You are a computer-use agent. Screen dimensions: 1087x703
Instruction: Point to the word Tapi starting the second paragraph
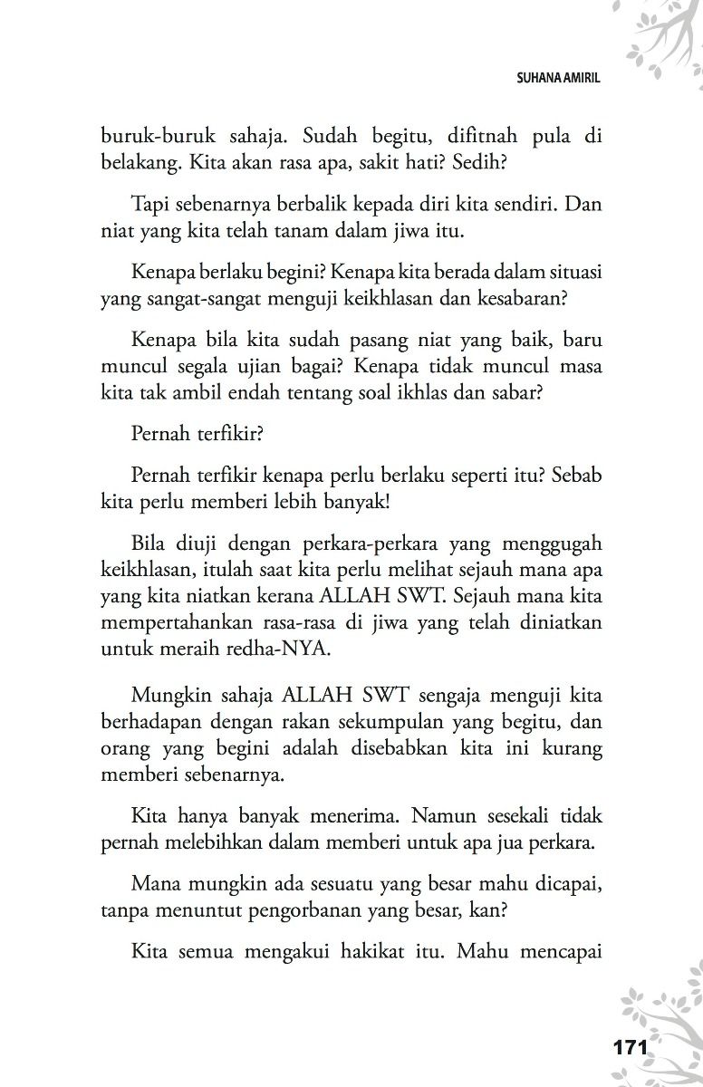pyautogui.click(x=151, y=204)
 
